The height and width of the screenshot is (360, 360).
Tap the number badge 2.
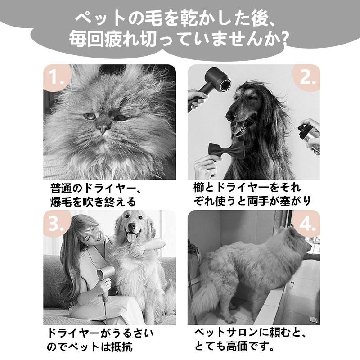tap(307, 77)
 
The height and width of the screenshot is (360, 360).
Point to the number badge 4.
tap(307, 223)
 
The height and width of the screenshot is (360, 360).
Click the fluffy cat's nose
tap(103, 127)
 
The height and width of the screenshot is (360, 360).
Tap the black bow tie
tap(226, 150)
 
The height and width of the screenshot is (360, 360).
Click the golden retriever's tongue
tap(131, 237)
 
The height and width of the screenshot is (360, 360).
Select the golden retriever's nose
tap(131, 226)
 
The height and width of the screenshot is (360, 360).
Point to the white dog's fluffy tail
tap(202, 301)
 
